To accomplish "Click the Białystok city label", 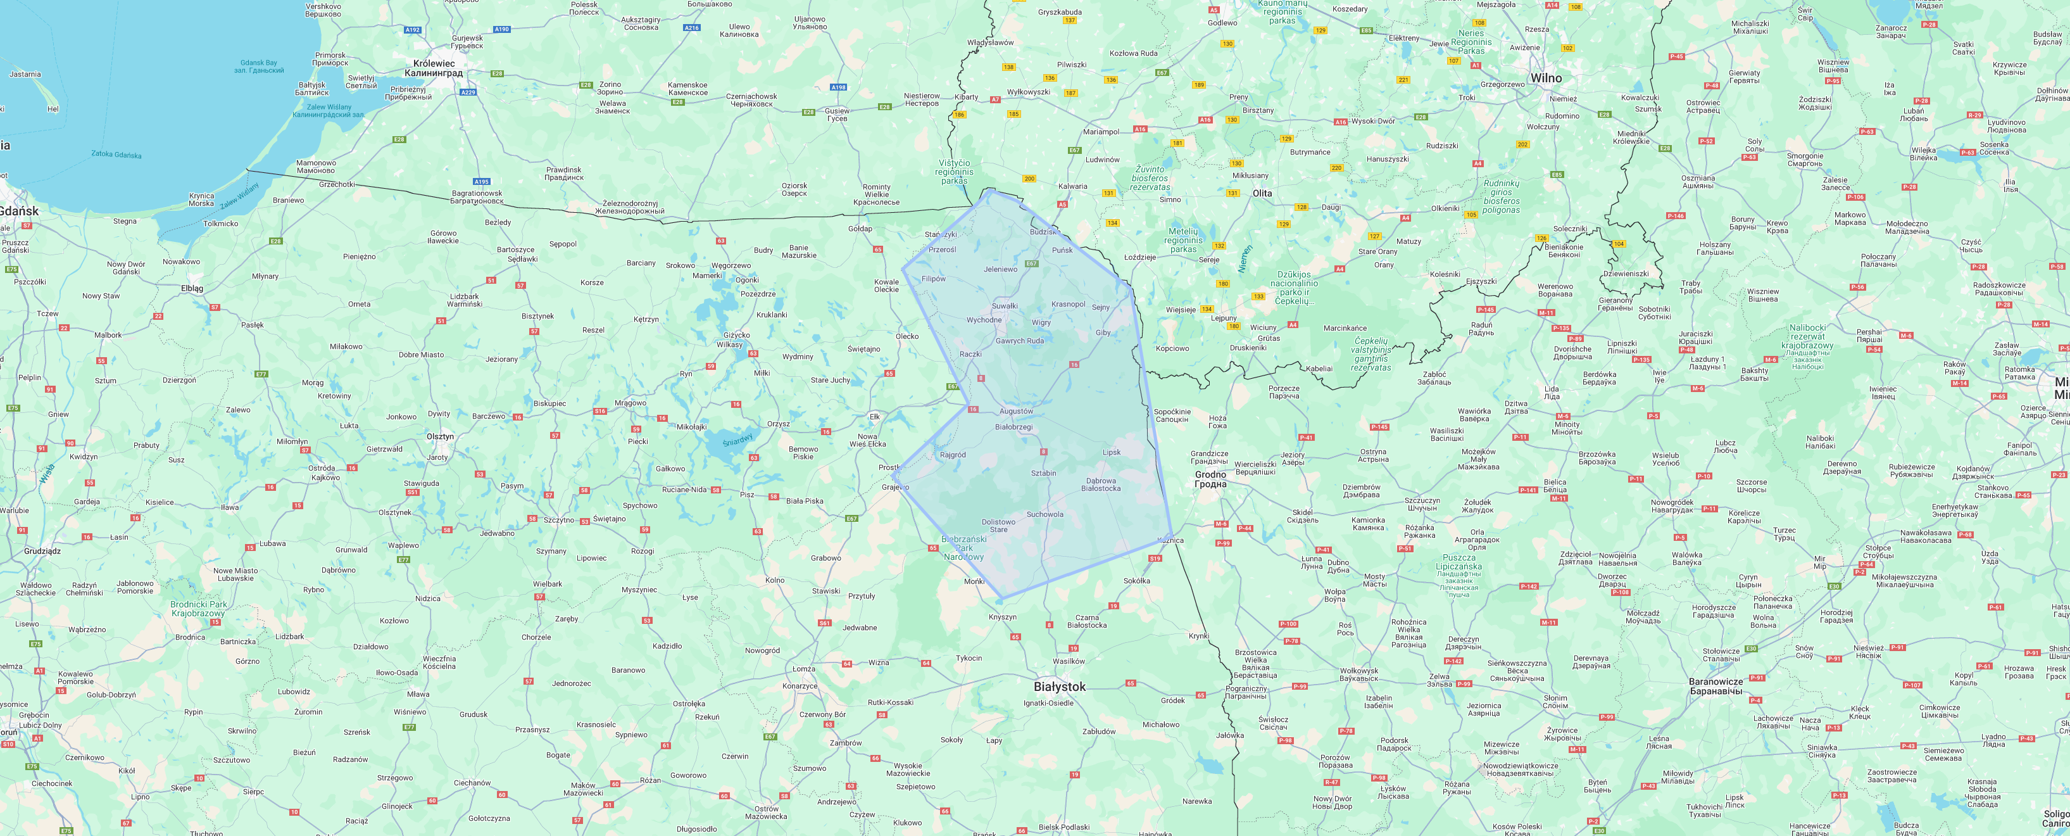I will pos(1059,687).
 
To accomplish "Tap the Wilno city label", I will pos(1545,78).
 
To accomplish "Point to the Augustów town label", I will pos(1016,412).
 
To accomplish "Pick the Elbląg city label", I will pos(192,288).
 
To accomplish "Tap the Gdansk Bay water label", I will pos(259,63).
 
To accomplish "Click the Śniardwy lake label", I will pos(737,441).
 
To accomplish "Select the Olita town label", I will pos(1262,193).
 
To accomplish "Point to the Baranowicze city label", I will pos(1716,681).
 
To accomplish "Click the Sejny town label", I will pos(1100,308).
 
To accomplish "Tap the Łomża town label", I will pos(803,669).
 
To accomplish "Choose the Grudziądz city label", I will pos(42,552).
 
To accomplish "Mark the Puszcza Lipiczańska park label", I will pos(1458,562).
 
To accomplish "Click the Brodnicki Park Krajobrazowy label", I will pos(199,609).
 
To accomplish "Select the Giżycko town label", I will pos(736,335).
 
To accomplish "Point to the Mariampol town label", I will pos(1101,132).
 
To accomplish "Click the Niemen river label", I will pos(1245,259).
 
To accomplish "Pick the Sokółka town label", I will pos(1136,580).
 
